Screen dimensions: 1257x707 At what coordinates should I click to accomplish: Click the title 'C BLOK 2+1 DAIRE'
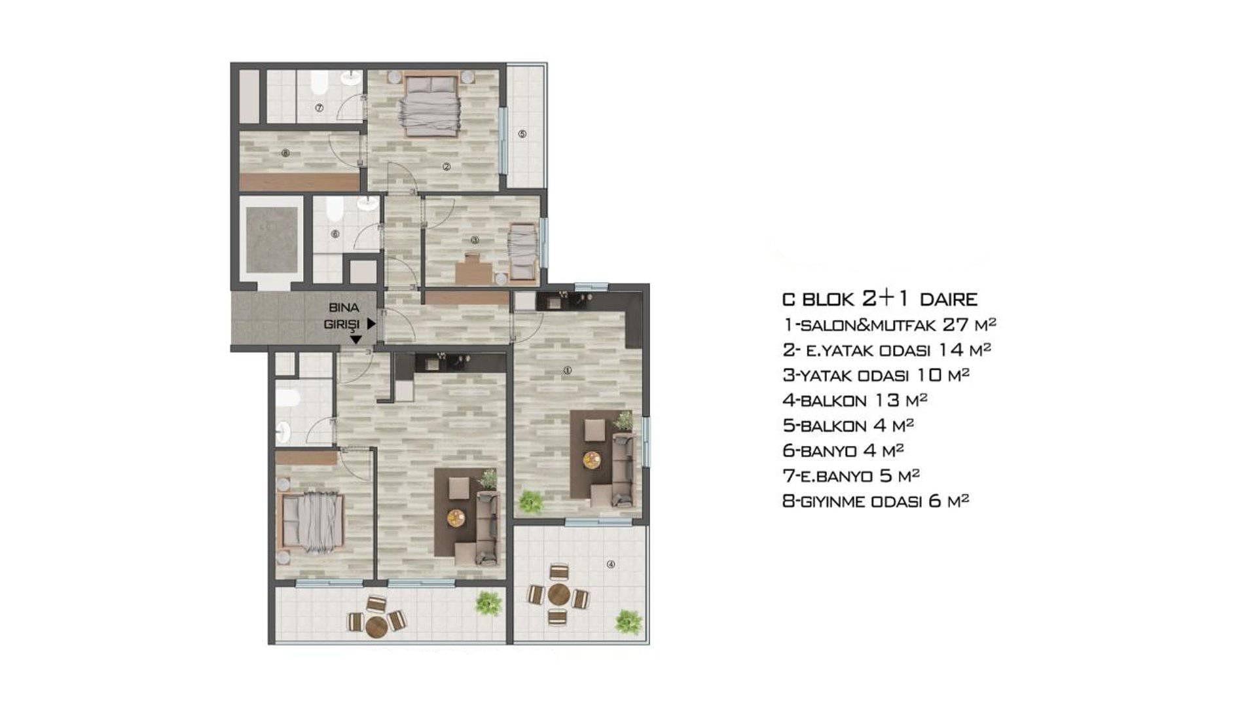(x=880, y=299)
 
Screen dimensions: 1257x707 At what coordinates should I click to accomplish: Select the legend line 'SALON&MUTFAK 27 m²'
(x=889, y=324)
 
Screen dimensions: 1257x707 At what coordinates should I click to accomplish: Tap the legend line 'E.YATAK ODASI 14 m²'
(x=887, y=350)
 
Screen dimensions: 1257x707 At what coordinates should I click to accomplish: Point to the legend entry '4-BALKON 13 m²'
(x=855, y=400)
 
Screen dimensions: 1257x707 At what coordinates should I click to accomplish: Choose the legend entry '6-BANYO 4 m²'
(x=843, y=450)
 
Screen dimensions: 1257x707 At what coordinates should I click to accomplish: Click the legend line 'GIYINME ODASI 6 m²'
(x=876, y=501)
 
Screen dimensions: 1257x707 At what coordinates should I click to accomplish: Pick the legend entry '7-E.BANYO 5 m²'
(x=851, y=475)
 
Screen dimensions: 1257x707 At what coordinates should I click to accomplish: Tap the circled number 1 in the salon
(x=568, y=371)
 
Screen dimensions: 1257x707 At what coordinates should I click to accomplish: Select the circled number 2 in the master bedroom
(x=446, y=166)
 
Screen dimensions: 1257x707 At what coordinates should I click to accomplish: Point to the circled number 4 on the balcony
(x=611, y=564)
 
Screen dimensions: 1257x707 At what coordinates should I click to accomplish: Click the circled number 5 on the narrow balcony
(x=522, y=134)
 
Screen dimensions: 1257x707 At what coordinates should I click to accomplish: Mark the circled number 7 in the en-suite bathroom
(x=319, y=107)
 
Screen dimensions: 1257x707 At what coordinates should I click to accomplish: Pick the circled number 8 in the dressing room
(x=285, y=154)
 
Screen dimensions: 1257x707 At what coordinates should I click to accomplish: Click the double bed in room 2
(x=431, y=106)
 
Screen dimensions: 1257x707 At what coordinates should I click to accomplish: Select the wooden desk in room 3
(x=474, y=270)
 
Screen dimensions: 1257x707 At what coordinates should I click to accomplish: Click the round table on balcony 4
(x=558, y=595)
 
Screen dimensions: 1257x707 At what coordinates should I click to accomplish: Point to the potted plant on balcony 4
(x=628, y=621)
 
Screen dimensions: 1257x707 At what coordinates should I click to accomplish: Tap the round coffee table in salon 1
(x=592, y=460)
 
